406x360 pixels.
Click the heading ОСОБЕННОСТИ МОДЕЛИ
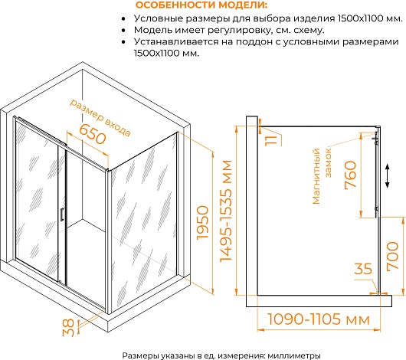(x=201, y=5)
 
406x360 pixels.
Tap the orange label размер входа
(x=100, y=117)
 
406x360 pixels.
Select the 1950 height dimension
(x=203, y=223)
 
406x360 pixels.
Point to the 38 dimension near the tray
(x=68, y=327)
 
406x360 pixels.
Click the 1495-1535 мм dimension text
(x=225, y=211)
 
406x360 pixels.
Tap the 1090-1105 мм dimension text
(x=318, y=319)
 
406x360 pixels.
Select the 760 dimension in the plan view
(x=351, y=175)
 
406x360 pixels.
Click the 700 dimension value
(x=392, y=257)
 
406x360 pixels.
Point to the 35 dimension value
(x=363, y=269)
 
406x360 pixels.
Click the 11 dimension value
(x=271, y=140)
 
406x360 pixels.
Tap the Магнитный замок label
(x=321, y=176)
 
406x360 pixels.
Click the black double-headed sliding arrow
(x=387, y=175)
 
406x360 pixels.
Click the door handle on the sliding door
(x=61, y=214)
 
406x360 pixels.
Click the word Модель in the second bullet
(x=153, y=30)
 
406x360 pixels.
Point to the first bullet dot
(x=123, y=19)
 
